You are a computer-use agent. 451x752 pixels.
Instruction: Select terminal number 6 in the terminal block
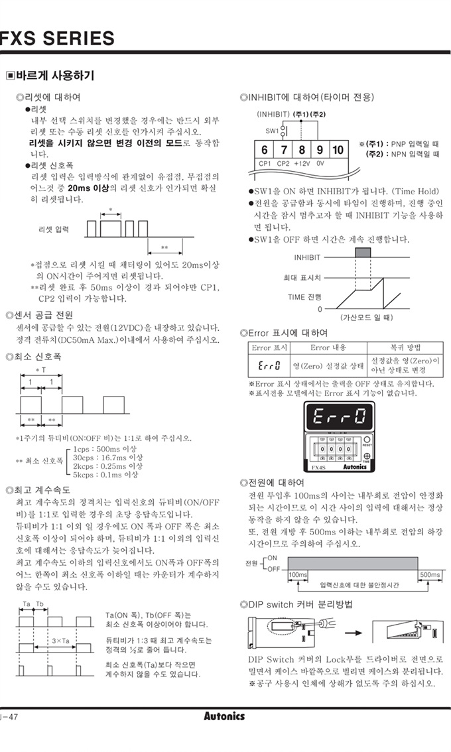[264, 150]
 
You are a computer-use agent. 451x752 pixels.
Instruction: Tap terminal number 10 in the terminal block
[338, 150]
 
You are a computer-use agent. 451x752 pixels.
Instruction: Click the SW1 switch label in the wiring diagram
[272, 131]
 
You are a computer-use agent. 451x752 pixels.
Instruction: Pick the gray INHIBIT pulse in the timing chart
[363, 253]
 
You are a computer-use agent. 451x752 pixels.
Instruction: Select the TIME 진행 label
[304, 297]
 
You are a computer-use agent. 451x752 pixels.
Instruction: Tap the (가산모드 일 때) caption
[367, 317]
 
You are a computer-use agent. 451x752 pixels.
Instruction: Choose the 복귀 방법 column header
[405, 347]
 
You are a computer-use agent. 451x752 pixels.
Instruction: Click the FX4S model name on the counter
[318, 467]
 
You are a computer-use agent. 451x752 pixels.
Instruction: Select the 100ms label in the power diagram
[298, 574]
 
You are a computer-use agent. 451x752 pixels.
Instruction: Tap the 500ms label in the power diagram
[430, 574]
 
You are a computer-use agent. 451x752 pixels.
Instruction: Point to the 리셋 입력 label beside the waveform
[54, 229]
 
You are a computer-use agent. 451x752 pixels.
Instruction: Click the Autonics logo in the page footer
[224, 716]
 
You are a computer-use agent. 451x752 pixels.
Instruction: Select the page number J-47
[9, 716]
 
